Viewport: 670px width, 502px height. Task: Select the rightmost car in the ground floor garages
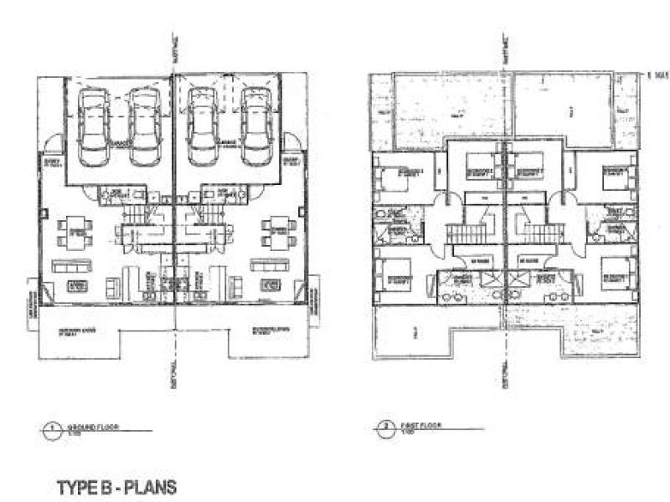(255, 125)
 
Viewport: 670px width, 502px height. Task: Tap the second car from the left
(143, 125)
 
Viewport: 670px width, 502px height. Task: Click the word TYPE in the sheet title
(75, 485)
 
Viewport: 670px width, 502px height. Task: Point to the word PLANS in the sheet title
(151, 485)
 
